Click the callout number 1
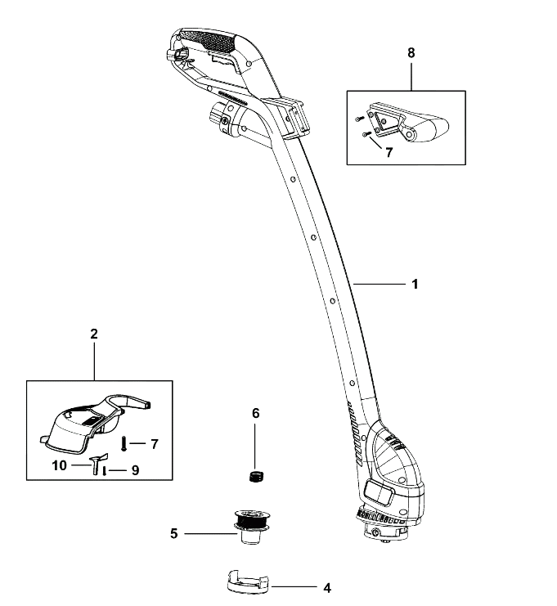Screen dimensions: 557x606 415,284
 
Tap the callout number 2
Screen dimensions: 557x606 94,334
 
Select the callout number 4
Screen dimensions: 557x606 327,588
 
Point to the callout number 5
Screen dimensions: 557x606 174,534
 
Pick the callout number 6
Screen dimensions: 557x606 255,413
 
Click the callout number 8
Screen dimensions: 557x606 411,52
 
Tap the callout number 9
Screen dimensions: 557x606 135,470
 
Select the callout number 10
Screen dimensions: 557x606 60,465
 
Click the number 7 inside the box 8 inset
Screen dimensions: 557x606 389,152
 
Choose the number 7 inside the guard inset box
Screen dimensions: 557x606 155,444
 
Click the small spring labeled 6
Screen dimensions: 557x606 254,476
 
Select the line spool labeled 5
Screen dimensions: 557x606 250,527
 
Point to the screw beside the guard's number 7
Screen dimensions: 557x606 124,443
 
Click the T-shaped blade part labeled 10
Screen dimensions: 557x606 98,463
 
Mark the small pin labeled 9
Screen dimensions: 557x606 105,471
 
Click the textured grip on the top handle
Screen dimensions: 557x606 211,39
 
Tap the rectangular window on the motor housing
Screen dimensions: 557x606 380,493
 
